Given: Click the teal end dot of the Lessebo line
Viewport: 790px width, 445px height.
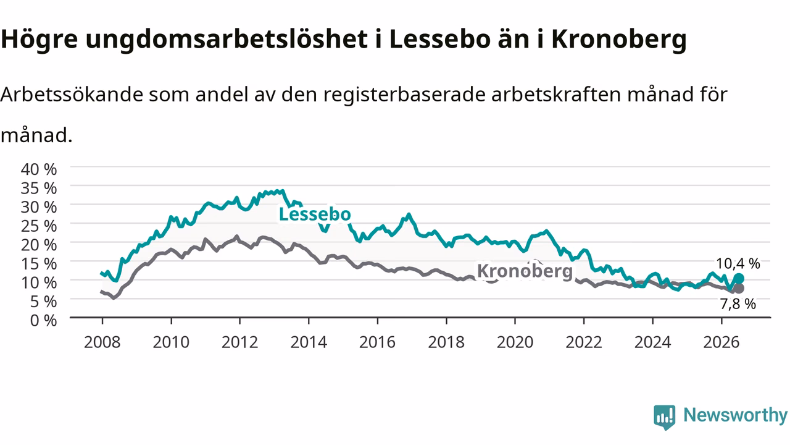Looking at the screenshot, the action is pos(739,279).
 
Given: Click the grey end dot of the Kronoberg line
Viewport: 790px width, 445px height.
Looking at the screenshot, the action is pos(739,288).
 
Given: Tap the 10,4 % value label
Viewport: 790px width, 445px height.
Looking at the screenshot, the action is pos(738,263).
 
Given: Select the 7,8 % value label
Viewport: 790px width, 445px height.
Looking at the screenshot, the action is pos(738,304).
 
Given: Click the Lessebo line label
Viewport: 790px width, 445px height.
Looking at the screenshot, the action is pos(315,214).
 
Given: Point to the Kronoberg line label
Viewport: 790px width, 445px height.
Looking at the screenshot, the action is pos(525,271).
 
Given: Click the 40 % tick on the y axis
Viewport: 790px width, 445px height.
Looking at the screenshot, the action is pos(39,169).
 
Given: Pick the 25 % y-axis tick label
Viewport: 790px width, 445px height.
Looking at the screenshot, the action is pos(39,226).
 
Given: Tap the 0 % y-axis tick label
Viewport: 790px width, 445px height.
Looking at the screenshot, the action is pos(43,320).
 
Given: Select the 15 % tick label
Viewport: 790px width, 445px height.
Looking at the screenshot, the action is pos(39,264).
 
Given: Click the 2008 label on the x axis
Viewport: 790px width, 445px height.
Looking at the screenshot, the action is pos(102,342).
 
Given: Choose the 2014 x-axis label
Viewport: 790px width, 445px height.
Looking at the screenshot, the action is pos(309,342).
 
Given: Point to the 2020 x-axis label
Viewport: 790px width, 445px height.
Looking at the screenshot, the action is pos(515,342).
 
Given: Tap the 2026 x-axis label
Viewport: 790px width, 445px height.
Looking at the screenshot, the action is pos(721,342).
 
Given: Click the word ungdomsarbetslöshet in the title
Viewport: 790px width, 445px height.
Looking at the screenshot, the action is pos(227,40).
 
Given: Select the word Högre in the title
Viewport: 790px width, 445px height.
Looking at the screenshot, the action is pos(39,40).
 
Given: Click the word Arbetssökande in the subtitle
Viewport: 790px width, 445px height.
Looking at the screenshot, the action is pos(72,95).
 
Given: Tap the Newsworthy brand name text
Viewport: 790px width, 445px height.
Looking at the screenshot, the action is pos(736,415).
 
